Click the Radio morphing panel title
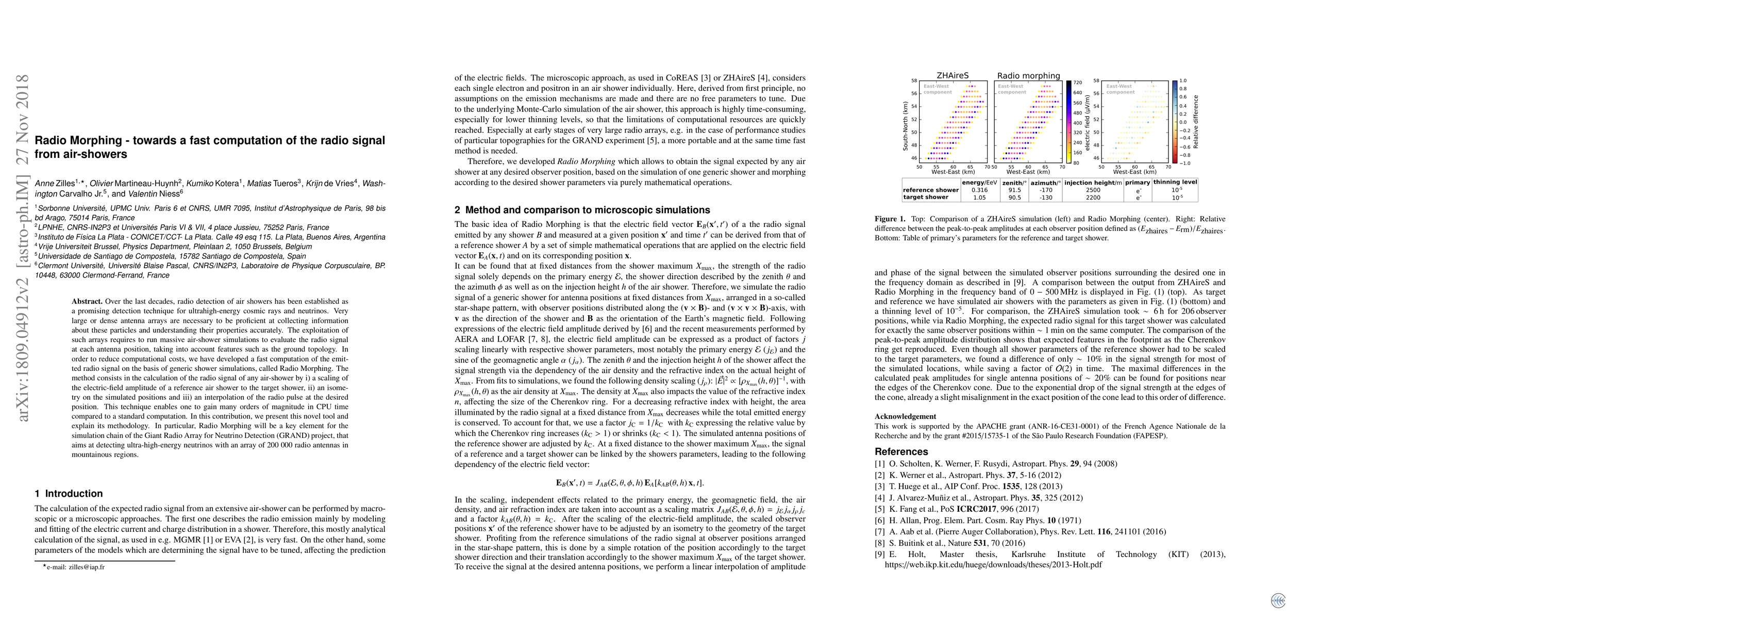tap(1028, 76)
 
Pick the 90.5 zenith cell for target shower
tap(1014, 198)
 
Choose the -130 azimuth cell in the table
tap(1046, 198)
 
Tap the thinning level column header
tap(1175, 182)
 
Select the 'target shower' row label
tap(926, 198)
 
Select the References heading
tap(901, 451)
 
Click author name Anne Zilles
tap(55, 183)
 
